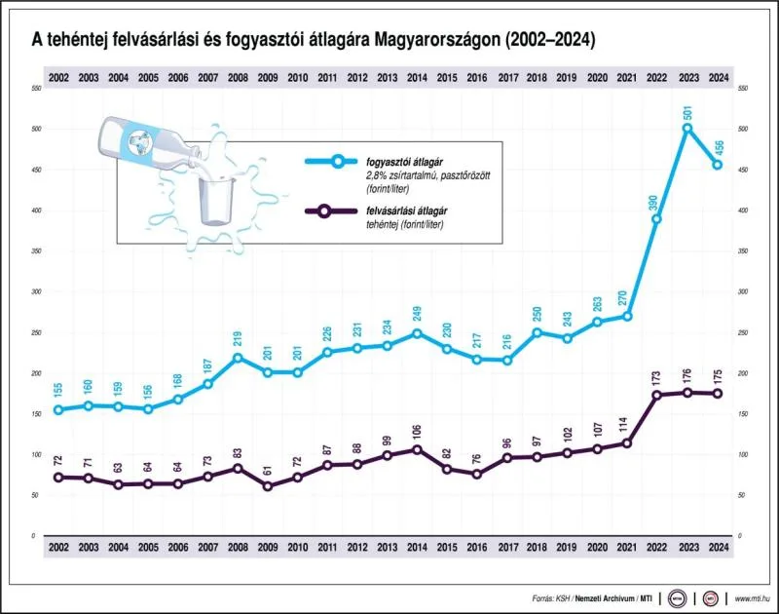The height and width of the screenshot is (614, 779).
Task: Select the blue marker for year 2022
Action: (657, 218)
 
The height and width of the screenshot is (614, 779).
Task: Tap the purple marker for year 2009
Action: (267, 485)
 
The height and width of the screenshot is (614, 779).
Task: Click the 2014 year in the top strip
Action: (417, 77)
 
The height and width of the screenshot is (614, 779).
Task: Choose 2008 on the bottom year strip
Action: (237, 549)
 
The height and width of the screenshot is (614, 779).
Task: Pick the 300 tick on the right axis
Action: (743, 291)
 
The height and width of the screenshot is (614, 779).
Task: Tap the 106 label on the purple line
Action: (417, 431)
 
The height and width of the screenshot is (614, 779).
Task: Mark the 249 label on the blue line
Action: (417, 314)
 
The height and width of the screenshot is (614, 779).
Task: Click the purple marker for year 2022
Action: (657, 395)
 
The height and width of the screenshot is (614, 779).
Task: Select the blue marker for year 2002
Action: (58, 409)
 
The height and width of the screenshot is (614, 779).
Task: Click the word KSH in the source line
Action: (564, 597)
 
